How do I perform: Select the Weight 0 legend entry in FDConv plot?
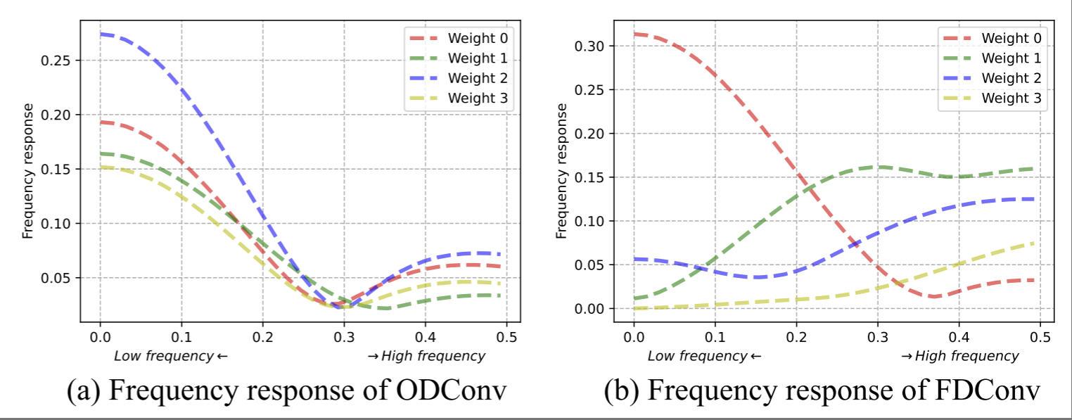pyautogui.click(x=1011, y=37)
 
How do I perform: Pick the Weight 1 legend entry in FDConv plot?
pyautogui.click(x=1011, y=57)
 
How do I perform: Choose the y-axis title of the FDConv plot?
pyautogui.click(x=561, y=170)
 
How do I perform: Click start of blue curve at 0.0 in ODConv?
pyautogui.click(x=101, y=34)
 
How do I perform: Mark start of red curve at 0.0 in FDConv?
pyautogui.click(x=634, y=34)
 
